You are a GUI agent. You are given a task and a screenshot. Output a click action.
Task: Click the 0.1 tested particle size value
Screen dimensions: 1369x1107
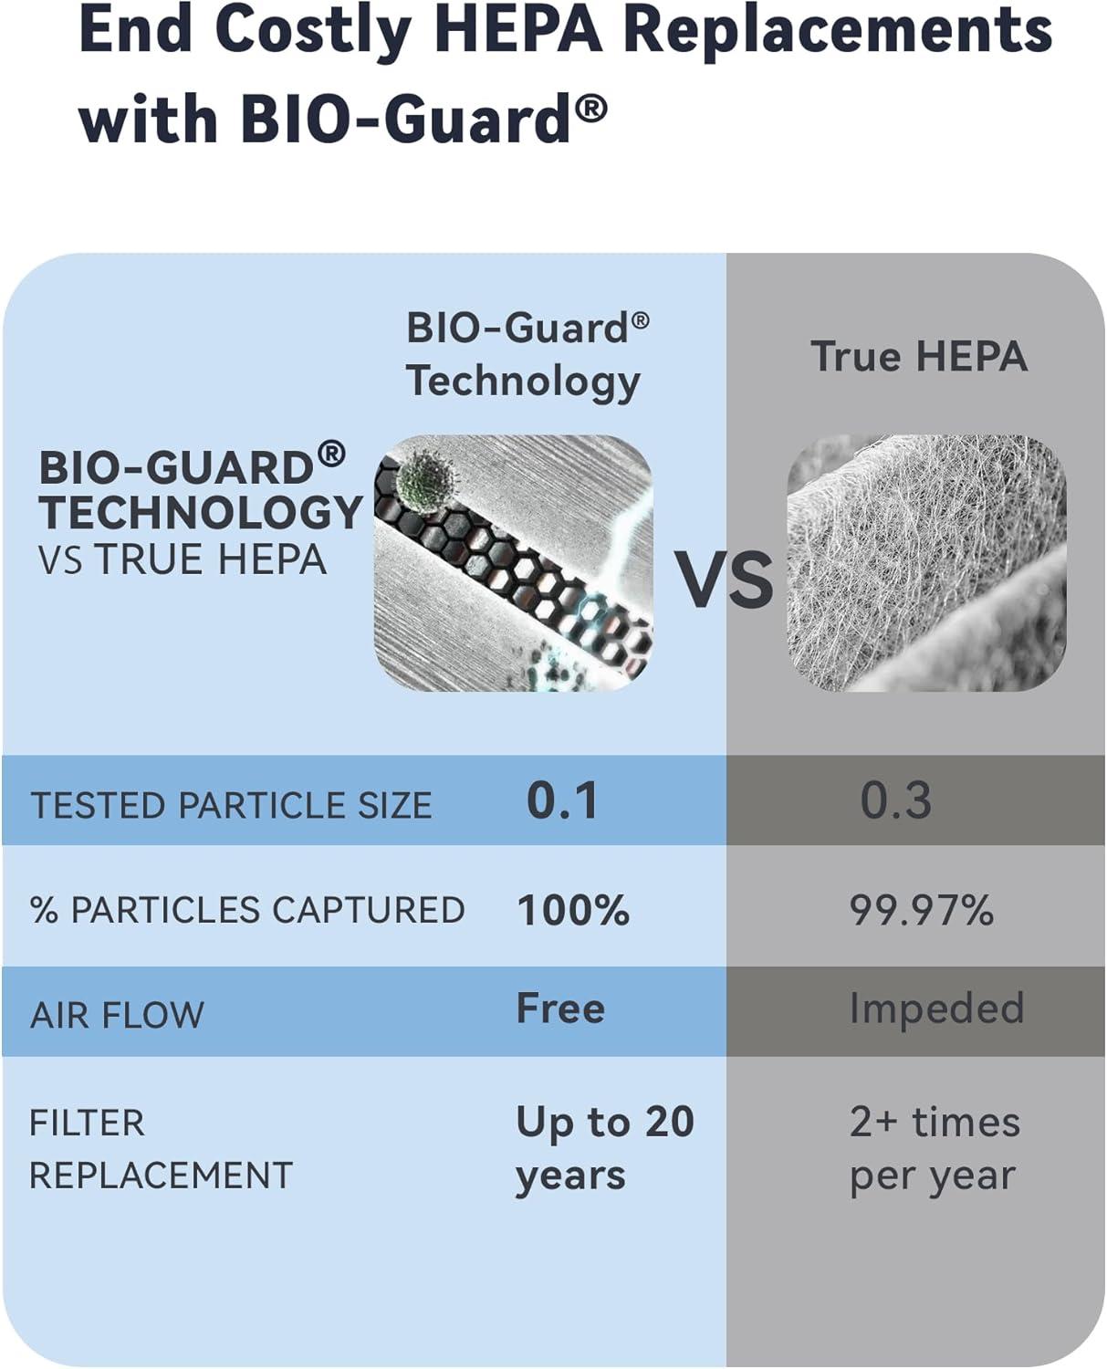click(x=562, y=800)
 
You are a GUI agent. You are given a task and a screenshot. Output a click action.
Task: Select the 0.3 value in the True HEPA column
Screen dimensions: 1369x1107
click(x=895, y=800)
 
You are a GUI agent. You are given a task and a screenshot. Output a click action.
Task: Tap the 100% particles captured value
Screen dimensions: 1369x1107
click(x=573, y=910)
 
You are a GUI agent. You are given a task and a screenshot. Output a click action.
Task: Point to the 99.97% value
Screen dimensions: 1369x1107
click(x=921, y=910)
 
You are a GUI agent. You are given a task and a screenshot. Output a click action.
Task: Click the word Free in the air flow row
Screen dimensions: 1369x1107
click(x=560, y=1008)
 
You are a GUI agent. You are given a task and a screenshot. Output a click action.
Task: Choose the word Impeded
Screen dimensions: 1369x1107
click(x=936, y=1008)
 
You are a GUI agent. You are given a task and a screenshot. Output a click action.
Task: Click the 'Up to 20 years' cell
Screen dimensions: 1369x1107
click(x=604, y=1147)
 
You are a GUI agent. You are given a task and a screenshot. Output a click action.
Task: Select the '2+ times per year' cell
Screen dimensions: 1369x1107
click(x=935, y=1147)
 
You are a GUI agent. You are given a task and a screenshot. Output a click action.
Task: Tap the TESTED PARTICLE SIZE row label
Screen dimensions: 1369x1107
click(x=231, y=805)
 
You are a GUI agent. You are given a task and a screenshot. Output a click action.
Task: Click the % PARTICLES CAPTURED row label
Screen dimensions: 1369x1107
click(x=247, y=910)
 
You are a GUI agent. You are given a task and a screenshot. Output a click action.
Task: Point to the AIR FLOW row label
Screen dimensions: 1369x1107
click(x=117, y=1014)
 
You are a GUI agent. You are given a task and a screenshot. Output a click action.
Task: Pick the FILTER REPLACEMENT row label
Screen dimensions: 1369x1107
click(x=161, y=1147)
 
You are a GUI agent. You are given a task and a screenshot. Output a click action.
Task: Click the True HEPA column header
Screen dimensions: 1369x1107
click(x=919, y=356)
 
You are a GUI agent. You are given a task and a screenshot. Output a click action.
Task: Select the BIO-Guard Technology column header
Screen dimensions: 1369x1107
click(x=527, y=354)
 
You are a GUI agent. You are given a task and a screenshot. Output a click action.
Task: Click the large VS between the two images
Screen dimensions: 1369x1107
click(x=723, y=580)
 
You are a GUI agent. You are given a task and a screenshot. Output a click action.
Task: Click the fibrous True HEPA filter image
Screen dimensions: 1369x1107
click(x=926, y=563)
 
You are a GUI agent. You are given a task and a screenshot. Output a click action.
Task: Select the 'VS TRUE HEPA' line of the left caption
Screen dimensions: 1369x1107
click(x=183, y=559)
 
